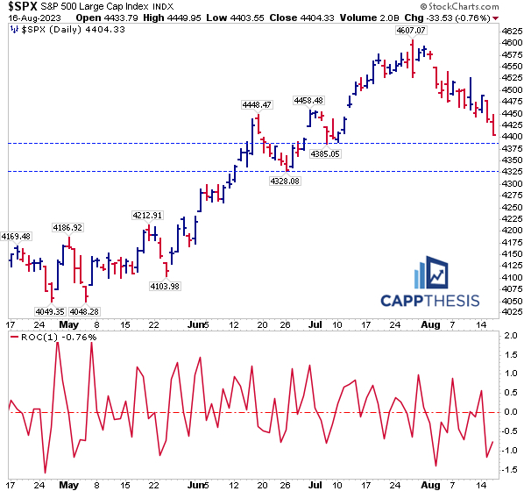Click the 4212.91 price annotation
(148, 215)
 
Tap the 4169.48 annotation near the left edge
(17, 236)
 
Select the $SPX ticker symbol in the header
(21, 6)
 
